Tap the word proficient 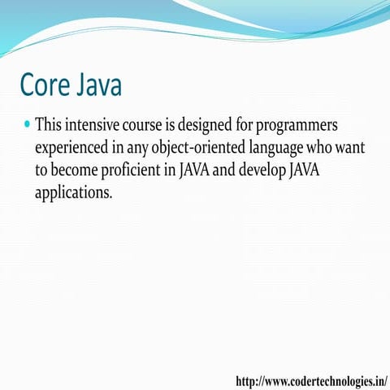point(141,173)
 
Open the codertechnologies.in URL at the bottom point(311,380)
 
